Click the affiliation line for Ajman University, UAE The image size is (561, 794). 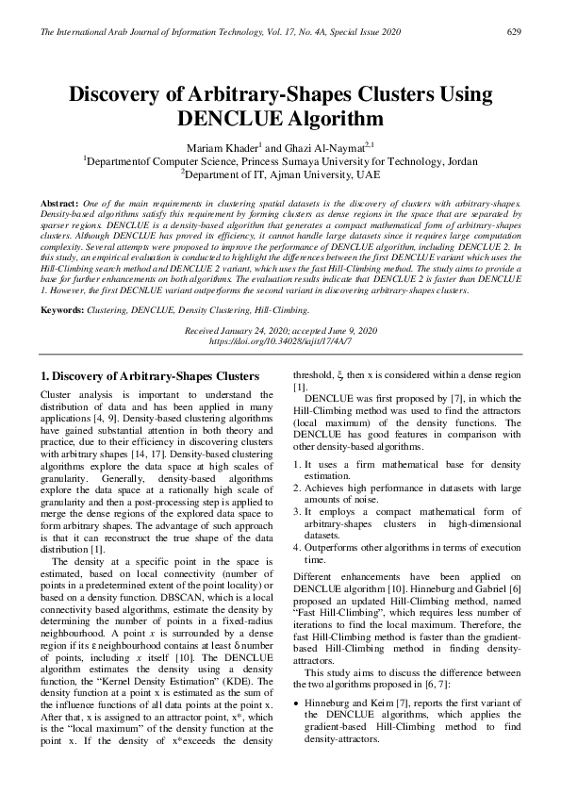(x=280, y=174)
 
